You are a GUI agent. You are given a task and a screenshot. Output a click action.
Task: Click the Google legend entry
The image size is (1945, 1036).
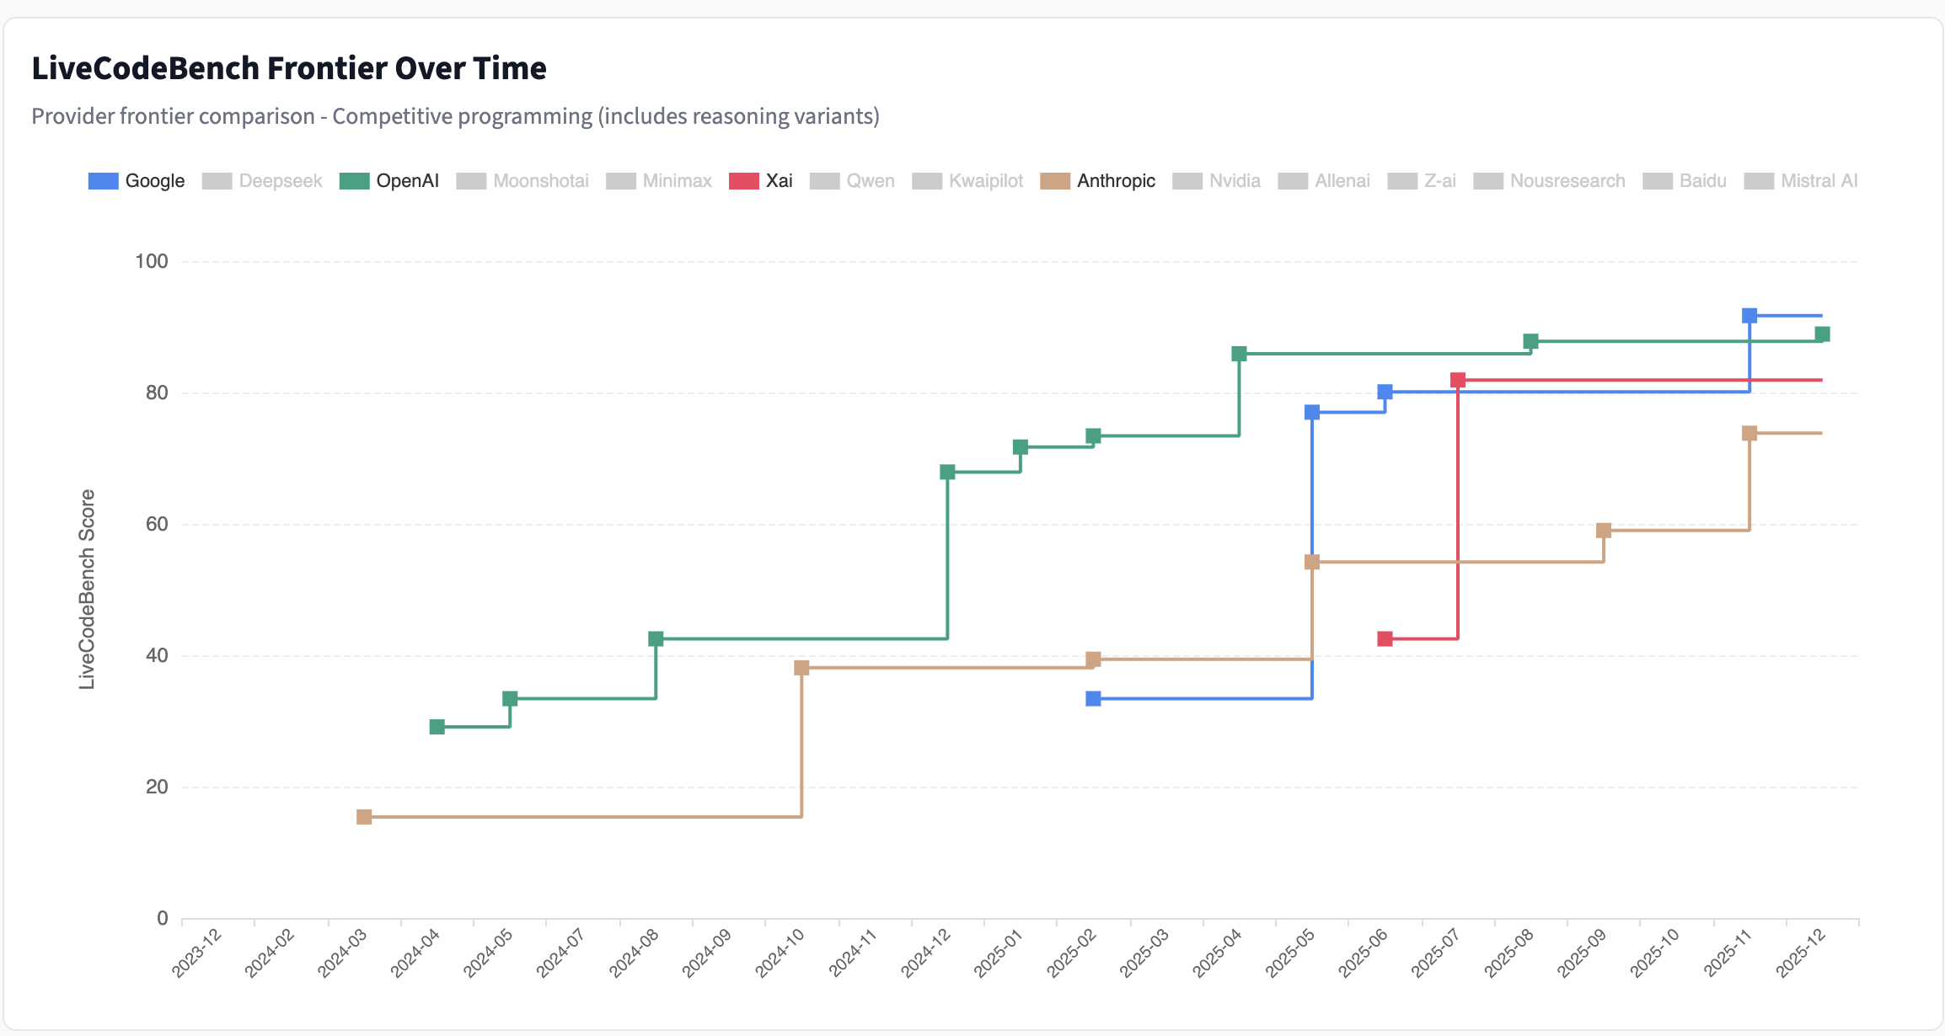click(137, 181)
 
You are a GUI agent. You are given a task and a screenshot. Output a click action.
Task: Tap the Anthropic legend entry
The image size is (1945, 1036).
click(1098, 181)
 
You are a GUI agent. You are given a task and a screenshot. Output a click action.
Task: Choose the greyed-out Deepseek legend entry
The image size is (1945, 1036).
click(263, 181)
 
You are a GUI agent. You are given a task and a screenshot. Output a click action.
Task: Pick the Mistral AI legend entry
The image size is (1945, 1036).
click(1801, 181)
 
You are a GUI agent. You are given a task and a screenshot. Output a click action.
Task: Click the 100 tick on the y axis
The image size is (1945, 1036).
click(152, 261)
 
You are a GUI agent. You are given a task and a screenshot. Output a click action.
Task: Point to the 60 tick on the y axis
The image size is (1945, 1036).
click(157, 524)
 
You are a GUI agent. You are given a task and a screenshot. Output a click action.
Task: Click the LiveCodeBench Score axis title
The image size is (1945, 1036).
click(87, 590)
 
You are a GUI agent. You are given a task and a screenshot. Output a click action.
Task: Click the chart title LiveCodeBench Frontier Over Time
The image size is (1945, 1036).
click(289, 68)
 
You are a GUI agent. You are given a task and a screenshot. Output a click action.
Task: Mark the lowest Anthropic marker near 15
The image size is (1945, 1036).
click(364, 817)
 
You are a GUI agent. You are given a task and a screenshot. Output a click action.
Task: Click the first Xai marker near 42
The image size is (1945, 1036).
click(1385, 639)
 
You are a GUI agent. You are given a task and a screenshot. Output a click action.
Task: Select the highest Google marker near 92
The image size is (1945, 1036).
click(1749, 316)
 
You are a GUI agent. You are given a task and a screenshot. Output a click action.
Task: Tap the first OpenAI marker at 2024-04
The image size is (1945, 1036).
click(437, 727)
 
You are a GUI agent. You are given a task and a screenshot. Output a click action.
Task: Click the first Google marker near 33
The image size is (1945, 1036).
click(1093, 698)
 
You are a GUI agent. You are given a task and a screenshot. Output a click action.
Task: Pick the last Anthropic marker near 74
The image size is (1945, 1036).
click(1749, 433)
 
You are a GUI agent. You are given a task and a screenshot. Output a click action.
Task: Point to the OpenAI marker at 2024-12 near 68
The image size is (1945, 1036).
click(947, 472)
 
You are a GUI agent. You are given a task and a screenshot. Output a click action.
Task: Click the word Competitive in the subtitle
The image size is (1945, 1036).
click(463, 116)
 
